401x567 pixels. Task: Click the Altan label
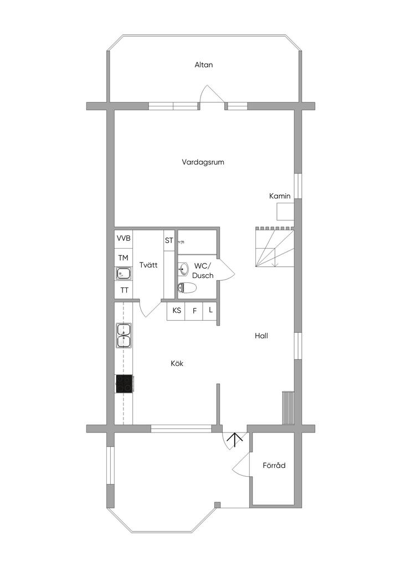203,65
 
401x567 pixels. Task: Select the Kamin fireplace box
285,212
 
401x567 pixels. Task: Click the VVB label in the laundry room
124,239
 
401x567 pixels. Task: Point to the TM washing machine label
123,257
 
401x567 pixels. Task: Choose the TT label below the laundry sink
124,290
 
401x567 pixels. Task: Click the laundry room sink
123,274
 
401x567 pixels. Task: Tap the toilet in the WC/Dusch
187,287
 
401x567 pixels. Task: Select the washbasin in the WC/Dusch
183,270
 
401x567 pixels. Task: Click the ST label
169,240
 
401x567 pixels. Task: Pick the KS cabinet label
177,311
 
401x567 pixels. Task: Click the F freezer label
194,311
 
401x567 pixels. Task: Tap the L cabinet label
210,310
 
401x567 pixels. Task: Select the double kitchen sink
124,336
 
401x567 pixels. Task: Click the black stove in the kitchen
124,383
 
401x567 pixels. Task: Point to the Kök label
177,364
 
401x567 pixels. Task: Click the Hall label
261,336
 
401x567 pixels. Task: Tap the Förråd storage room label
274,466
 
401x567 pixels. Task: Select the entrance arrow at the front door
235,440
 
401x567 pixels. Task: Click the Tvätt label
148,265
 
